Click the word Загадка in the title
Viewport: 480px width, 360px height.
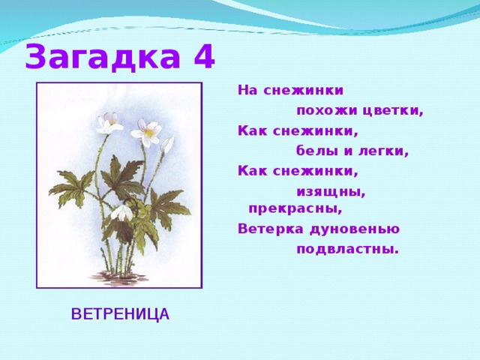[x=102, y=58]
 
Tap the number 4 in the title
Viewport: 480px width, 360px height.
[x=203, y=57]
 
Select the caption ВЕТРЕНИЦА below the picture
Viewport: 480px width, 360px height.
[x=120, y=313]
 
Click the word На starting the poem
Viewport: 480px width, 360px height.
[x=247, y=91]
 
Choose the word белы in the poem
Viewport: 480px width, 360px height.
[x=318, y=151]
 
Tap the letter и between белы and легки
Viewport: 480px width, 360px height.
[x=351, y=151]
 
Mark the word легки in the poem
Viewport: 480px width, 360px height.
[x=385, y=151]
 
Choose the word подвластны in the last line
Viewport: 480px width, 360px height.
[x=347, y=249]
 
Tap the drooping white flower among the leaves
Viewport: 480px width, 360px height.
[x=121, y=212]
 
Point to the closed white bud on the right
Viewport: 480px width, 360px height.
[x=168, y=144]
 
